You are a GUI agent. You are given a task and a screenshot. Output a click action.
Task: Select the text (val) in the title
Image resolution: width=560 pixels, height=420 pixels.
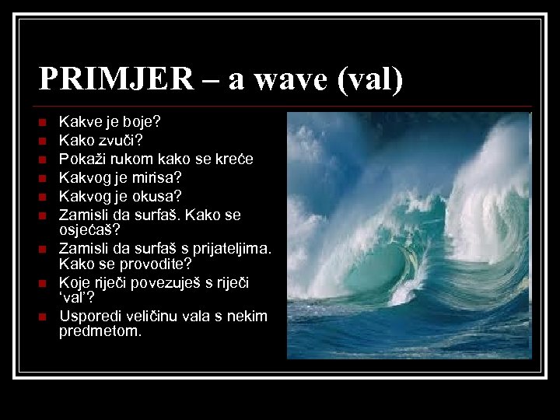click(x=368, y=79)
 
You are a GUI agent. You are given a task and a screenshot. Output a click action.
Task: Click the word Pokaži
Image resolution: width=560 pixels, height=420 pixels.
click(x=82, y=159)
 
